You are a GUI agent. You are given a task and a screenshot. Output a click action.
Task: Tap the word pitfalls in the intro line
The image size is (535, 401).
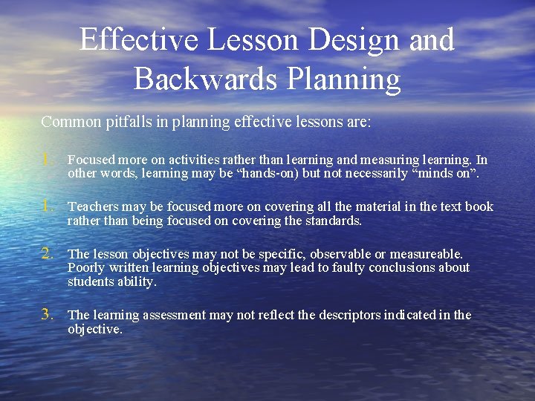133,122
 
